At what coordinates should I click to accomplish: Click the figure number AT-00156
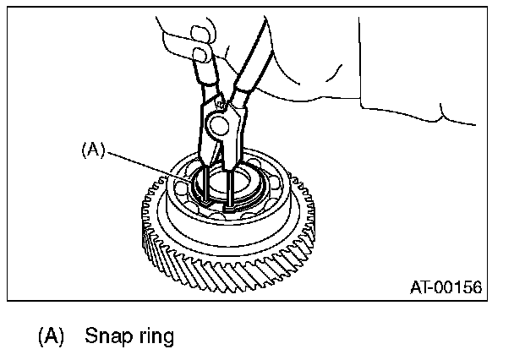446,287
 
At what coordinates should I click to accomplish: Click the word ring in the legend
153,336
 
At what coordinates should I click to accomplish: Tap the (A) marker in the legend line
51,336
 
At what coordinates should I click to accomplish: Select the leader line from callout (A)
152,169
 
